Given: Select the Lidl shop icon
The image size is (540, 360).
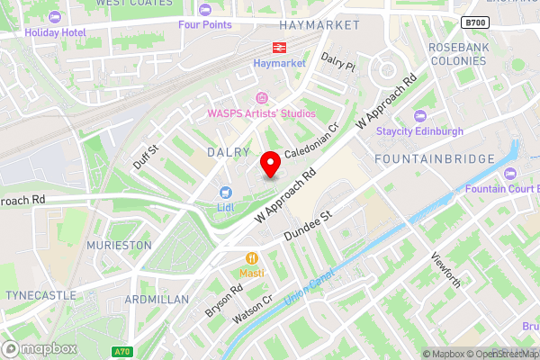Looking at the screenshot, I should pos(225,193).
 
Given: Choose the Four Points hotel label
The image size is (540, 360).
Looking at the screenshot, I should pos(204,24).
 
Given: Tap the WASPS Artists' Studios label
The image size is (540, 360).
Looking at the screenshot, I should pos(262,113).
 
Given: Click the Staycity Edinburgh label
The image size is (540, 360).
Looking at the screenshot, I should pos(419,130).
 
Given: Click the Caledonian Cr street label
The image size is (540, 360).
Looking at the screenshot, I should pos(311,142).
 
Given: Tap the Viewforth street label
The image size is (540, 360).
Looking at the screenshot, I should pos(446,268).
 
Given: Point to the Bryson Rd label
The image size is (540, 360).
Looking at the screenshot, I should pos(223,301).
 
